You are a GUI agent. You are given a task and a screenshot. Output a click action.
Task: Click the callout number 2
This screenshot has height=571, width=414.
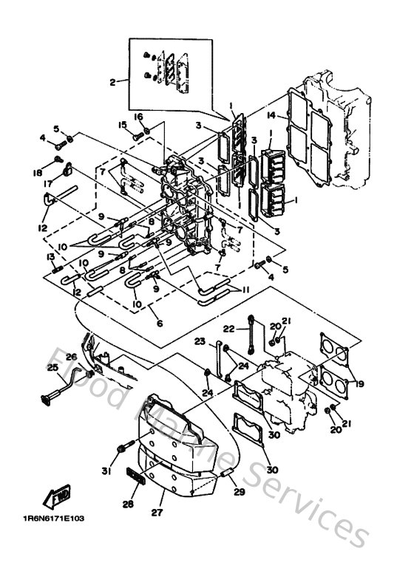[x=113, y=83]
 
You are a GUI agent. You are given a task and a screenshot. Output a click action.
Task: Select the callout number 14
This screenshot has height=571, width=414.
[x=272, y=115]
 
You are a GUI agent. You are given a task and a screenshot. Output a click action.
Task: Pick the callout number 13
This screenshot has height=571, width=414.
[x=50, y=256]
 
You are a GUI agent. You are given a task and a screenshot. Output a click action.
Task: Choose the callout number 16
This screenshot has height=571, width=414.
[x=138, y=117]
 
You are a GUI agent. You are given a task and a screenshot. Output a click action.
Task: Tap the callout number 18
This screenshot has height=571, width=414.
[x=37, y=172]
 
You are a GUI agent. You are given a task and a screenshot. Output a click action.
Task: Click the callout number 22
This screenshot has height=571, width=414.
[x=229, y=328]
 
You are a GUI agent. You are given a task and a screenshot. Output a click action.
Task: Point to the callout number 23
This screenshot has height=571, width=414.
[x=200, y=341]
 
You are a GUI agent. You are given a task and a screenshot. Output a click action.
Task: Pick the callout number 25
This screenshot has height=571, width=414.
[x=52, y=367]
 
